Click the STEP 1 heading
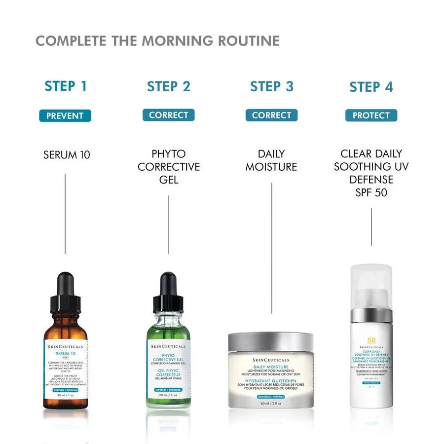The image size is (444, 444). (x=66, y=86)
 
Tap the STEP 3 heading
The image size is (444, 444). (x=271, y=86)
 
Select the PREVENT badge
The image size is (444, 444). (x=65, y=116)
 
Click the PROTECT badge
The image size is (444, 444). (x=371, y=115)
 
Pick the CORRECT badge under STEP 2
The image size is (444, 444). (x=168, y=115)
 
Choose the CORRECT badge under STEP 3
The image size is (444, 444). (x=271, y=115)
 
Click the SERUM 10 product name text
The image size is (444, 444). (x=67, y=155)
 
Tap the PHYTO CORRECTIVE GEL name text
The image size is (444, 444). (x=169, y=167)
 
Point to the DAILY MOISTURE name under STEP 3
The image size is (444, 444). (x=271, y=160)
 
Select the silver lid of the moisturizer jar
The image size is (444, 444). (x=270, y=342)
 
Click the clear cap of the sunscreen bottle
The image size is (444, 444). (x=371, y=286)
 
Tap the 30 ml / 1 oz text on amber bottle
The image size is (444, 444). (x=65, y=396)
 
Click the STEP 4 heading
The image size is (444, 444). (x=371, y=87)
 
